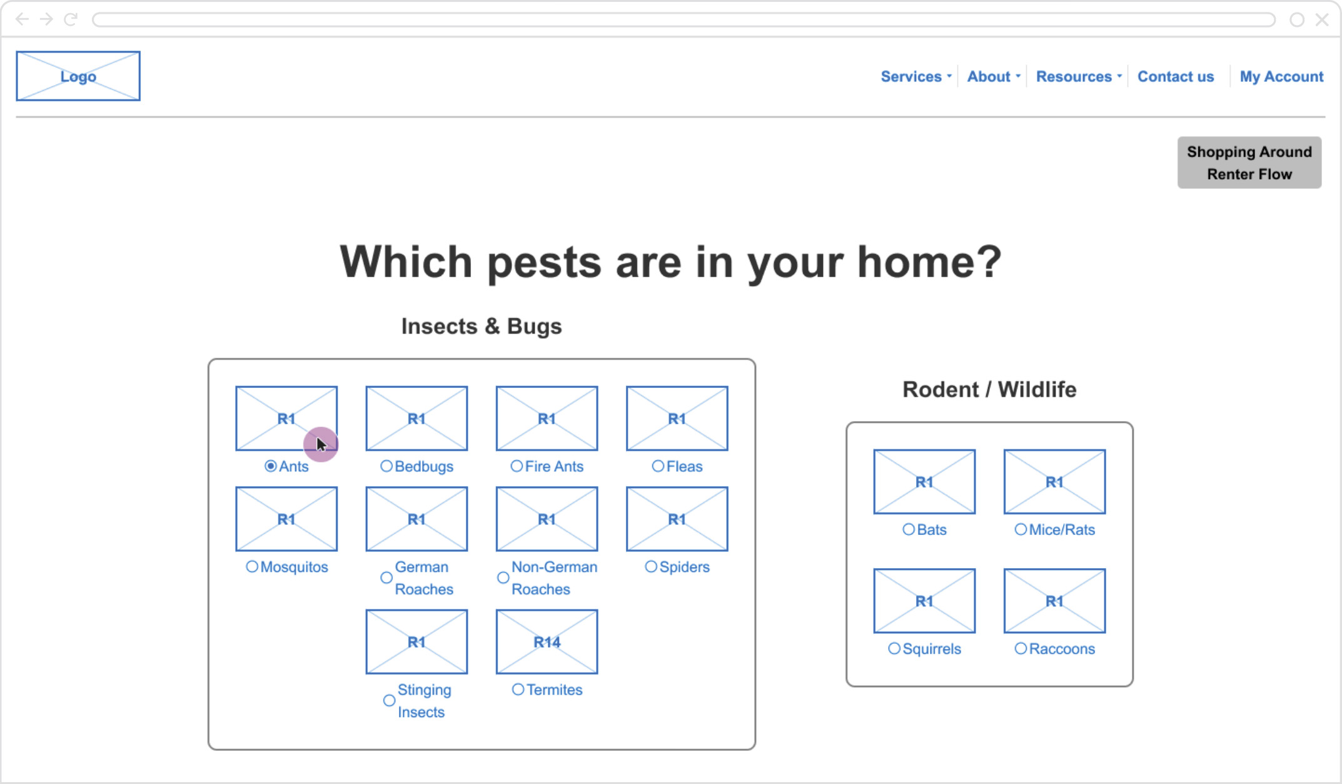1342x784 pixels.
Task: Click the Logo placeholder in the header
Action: pos(78,76)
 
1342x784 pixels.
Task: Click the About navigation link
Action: pos(994,76)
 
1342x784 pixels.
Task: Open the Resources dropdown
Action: pos(1079,76)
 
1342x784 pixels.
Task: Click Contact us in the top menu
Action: pos(1176,76)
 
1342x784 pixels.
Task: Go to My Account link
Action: pos(1281,76)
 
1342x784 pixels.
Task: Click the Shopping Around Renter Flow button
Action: pos(1249,163)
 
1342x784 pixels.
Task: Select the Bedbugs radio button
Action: pos(386,466)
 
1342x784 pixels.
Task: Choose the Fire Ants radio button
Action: pos(517,466)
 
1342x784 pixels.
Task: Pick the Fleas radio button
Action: pos(658,466)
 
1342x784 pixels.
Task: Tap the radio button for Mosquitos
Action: pos(252,566)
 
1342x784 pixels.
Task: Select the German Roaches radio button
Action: pos(386,578)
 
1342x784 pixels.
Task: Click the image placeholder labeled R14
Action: pos(547,642)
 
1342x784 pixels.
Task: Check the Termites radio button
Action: pos(518,690)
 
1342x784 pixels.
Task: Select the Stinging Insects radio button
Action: pos(389,700)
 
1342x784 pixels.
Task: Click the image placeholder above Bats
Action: pos(924,482)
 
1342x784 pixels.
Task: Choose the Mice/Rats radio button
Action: pos(1021,529)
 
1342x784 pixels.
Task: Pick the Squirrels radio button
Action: pos(894,649)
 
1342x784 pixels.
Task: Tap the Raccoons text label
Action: pos(1062,649)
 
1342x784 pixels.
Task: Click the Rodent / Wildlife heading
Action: pos(989,389)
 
